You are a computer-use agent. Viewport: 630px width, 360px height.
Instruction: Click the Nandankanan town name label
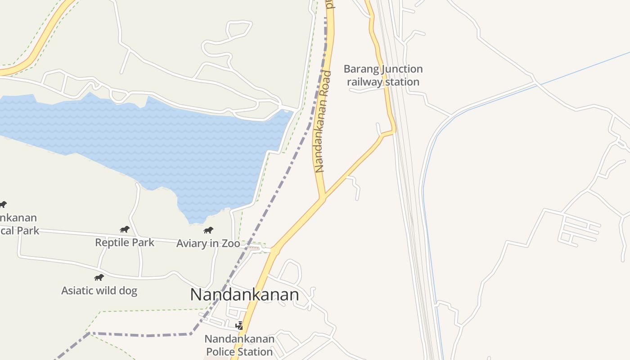click(244, 295)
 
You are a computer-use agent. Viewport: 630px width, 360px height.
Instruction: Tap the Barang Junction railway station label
click(383, 75)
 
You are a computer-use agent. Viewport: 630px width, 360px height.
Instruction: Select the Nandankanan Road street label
click(323, 121)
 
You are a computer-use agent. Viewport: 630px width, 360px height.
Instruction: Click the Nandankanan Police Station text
click(239, 345)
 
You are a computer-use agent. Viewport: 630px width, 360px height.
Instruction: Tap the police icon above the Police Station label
click(240, 325)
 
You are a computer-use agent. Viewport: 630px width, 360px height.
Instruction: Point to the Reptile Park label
click(125, 243)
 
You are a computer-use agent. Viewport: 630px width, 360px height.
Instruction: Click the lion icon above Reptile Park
click(125, 229)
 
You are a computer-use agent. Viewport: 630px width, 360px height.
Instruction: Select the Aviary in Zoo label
click(208, 243)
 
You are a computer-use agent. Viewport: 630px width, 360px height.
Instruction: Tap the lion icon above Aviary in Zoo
click(208, 230)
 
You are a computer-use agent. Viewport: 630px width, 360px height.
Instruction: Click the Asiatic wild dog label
click(99, 291)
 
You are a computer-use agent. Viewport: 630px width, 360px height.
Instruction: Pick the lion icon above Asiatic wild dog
click(99, 277)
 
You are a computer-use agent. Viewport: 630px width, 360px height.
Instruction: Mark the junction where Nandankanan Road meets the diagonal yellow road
click(322, 198)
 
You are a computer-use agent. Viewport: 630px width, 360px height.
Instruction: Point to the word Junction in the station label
click(402, 69)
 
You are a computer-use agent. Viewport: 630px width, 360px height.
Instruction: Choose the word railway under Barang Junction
click(364, 82)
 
